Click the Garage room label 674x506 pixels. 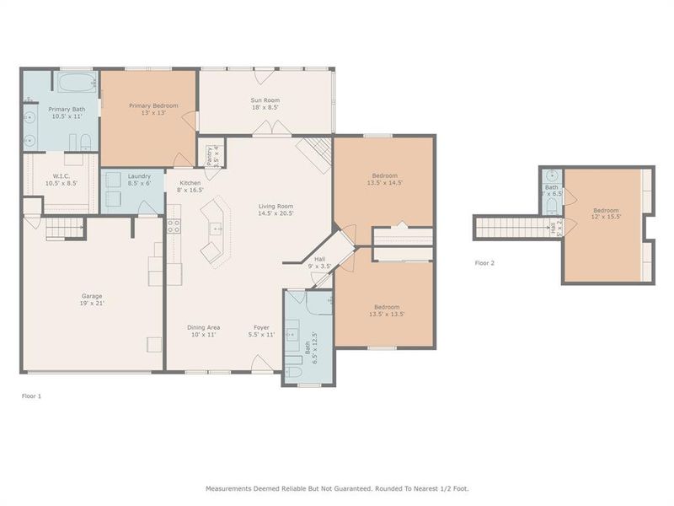pos(92,296)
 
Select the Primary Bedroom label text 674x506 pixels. pos(152,105)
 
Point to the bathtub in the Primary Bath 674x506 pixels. pos(76,84)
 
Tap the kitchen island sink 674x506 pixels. pos(216,228)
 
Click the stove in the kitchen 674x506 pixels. pos(174,225)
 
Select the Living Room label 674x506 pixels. pos(275,206)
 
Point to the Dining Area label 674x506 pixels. pos(203,327)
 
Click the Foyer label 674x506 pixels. pos(261,327)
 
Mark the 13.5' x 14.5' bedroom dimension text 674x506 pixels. pos(384,182)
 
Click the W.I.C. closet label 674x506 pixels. pos(60,176)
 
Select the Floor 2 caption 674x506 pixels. pos(484,263)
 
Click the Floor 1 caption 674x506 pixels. pos(31,395)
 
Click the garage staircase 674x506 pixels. pos(65,228)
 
